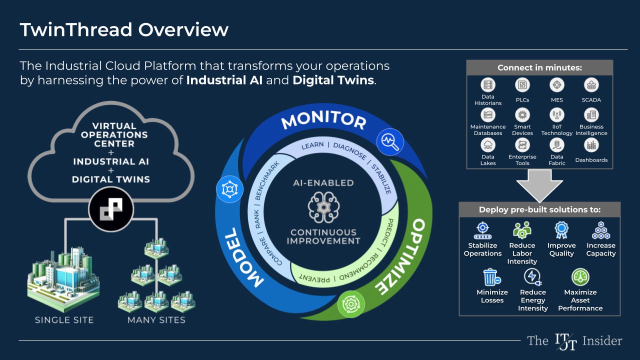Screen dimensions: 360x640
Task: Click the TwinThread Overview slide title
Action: [x=124, y=29]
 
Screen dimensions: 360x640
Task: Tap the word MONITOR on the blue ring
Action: [x=323, y=120]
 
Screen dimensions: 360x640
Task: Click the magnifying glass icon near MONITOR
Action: [x=390, y=141]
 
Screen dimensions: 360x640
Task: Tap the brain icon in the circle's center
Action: [x=323, y=207]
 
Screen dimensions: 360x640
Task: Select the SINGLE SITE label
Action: [x=64, y=320]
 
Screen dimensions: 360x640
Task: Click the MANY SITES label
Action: [x=156, y=320]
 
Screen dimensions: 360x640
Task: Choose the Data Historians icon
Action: [x=487, y=85]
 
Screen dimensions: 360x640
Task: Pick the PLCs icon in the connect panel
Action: [x=522, y=85]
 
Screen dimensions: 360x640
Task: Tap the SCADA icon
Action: [x=591, y=85]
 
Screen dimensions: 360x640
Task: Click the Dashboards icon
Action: [x=591, y=145]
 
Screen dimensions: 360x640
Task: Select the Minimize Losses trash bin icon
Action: [x=491, y=277]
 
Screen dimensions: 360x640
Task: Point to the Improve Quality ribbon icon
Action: [x=561, y=230]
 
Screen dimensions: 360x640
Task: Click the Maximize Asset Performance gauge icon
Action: [x=580, y=277]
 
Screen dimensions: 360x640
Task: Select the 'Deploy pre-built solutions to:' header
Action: [x=539, y=210]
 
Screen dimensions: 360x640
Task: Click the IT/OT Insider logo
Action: [x=574, y=341]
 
